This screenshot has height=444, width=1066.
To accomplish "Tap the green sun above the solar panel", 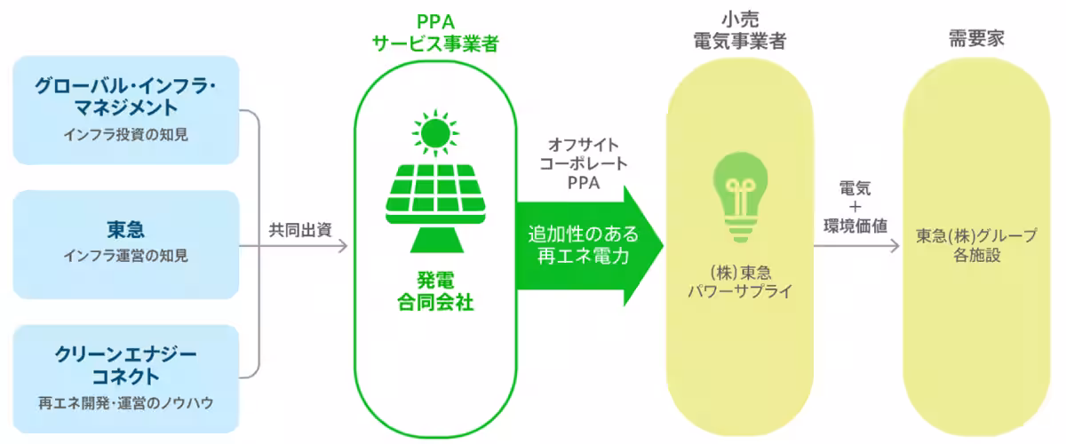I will coord(434,132).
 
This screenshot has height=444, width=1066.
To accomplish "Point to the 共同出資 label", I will coord(299,228).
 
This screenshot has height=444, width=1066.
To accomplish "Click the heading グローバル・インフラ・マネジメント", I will coord(126,97).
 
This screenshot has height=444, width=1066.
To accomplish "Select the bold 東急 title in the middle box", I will coord(125,231).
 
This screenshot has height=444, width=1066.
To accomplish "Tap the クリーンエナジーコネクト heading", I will coord(126,365).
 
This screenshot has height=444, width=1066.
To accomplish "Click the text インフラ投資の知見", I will coord(126,135).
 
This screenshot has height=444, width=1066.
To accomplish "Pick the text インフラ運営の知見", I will coord(126,257).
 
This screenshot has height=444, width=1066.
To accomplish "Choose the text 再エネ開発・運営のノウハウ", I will coord(126,402).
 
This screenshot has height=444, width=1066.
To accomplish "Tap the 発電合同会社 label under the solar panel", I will coord(434,291).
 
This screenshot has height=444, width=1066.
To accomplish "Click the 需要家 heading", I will coord(976,38).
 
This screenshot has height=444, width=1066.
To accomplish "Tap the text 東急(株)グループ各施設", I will coord(976,245).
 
